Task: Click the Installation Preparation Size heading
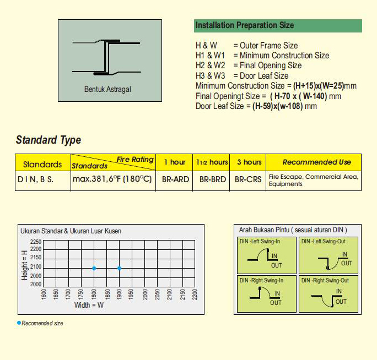point(244,25)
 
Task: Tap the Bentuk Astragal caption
point(107,89)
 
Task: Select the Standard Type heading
point(49,140)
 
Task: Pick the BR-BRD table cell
point(211,179)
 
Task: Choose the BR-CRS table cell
point(247,179)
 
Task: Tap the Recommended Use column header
point(316,162)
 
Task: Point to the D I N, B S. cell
point(35,179)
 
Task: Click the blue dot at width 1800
point(94,268)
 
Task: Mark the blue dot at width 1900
point(119,268)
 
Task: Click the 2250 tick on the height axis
point(36,242)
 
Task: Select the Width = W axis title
point(89,305)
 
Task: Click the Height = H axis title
point(24,265)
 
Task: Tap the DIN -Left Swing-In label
point(261,241)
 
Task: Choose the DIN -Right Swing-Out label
point(325,280)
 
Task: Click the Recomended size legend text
point(42,323)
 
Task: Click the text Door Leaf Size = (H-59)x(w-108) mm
point(256,106)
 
